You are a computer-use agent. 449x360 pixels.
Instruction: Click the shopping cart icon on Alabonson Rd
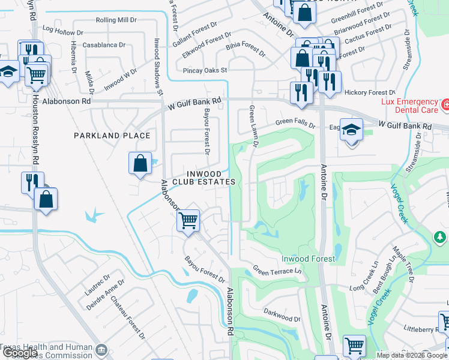pyautogui.click(x=188, y=221)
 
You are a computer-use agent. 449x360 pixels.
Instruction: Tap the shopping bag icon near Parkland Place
pyautogui.click(x=140, y=163)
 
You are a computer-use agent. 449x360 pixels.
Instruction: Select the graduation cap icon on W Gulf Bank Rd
pyautogui.click(x=352, y=130)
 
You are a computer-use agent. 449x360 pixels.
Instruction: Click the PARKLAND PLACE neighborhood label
pyautogui.click(x=112, y=136)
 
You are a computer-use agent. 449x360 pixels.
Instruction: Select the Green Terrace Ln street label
pyautogui.click(x=276, y=271)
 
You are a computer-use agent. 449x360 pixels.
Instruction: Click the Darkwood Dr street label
pyautogui.click(x=282, y=316)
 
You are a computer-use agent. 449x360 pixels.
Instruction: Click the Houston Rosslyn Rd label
pyautogui.click(x=36, y=125)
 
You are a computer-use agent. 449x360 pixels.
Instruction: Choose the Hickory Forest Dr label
pyautogui.click(x=370, y=93)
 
